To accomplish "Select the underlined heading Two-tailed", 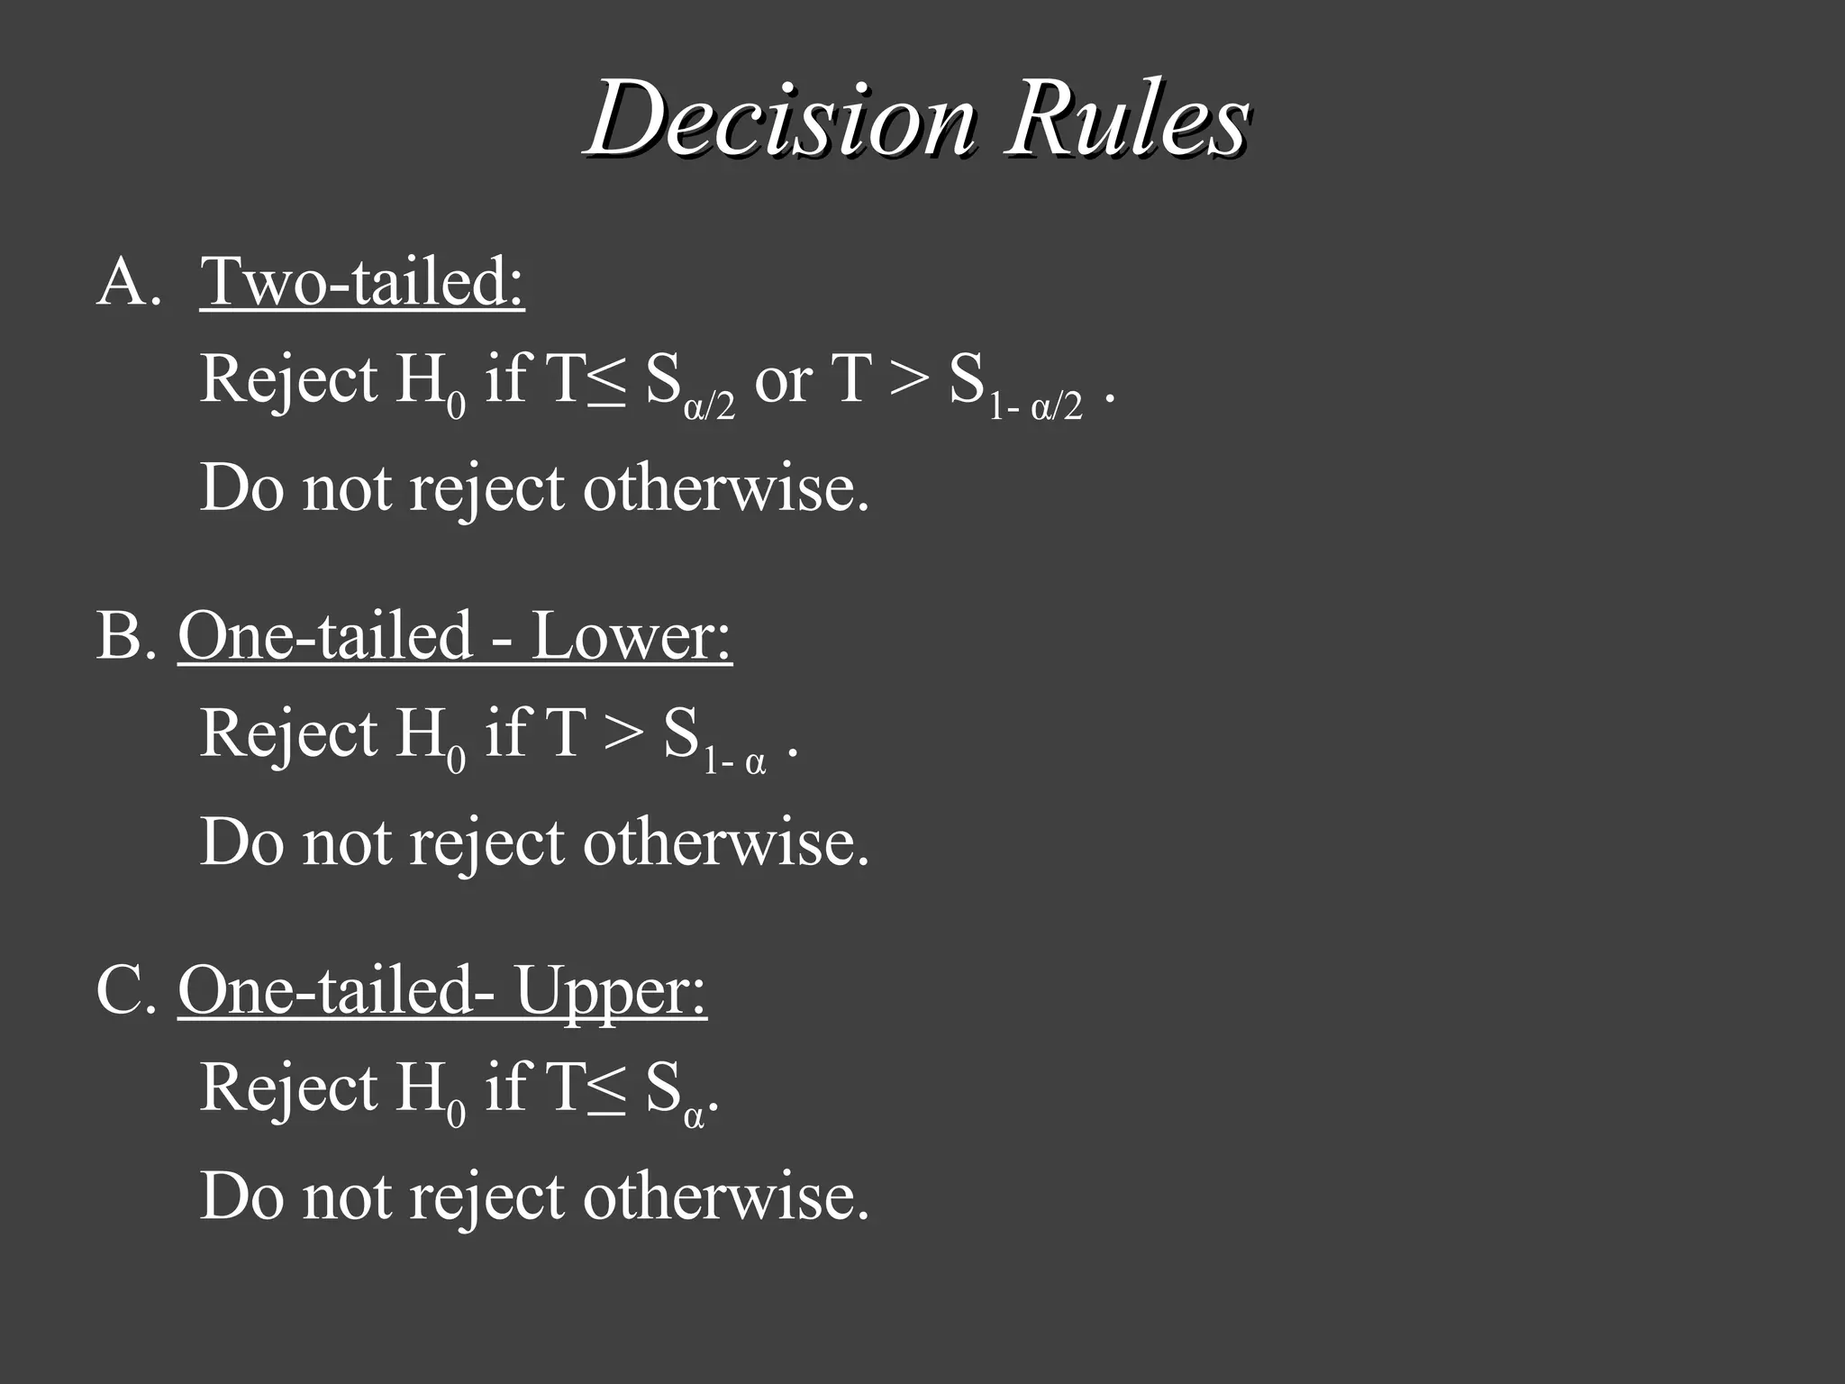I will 362,282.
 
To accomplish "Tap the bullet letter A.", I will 124,282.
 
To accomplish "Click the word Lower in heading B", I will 631,636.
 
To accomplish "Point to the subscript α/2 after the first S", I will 710,407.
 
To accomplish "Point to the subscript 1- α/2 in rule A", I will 1036,407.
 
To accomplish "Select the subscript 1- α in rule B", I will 735,762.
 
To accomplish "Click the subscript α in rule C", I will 694,1117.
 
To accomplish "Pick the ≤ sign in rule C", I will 605,1088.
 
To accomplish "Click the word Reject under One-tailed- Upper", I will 288,1088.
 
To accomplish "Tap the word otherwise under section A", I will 726,488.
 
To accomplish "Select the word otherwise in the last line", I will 726,1197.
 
